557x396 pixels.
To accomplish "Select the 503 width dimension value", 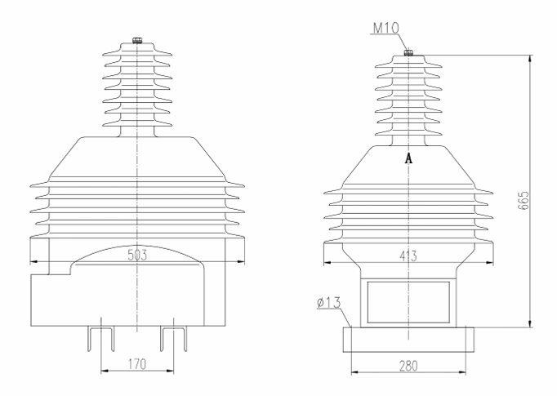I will [138, 256].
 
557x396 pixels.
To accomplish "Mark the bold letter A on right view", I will [408, 160].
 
